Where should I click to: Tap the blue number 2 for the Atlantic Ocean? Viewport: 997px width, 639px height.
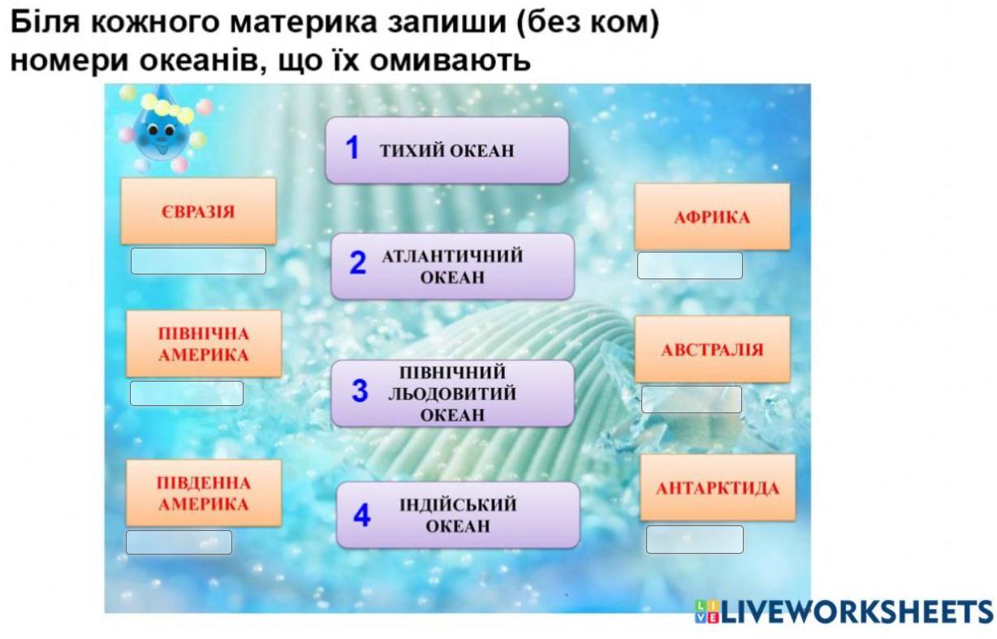[358, 262]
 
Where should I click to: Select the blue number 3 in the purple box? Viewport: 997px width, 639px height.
[360, 391]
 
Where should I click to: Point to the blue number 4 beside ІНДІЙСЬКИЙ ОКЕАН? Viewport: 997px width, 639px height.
[362, 515]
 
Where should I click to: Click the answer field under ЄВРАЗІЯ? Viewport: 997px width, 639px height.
[198, 261]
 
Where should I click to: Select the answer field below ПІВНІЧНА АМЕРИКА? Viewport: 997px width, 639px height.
[187, 393]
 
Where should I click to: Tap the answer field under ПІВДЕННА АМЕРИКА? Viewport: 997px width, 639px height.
[179, 542]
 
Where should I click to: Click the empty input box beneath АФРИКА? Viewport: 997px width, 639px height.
[690, 266]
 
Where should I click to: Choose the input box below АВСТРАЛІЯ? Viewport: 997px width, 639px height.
[692, 399]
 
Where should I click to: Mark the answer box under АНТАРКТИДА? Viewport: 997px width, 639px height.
[695, 539]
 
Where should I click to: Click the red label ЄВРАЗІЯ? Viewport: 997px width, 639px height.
[198, 211]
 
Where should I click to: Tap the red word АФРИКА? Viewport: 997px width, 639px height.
[712, 218]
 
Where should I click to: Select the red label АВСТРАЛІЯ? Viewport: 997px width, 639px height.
[712, 350]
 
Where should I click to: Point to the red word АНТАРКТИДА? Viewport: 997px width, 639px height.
[718, 489]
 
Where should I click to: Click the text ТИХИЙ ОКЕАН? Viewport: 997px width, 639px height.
[447, 150]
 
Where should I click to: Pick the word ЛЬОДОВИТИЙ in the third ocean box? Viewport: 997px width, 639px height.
[452, 394]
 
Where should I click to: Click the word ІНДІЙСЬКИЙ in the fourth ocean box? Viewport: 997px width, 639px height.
[458, 504]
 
